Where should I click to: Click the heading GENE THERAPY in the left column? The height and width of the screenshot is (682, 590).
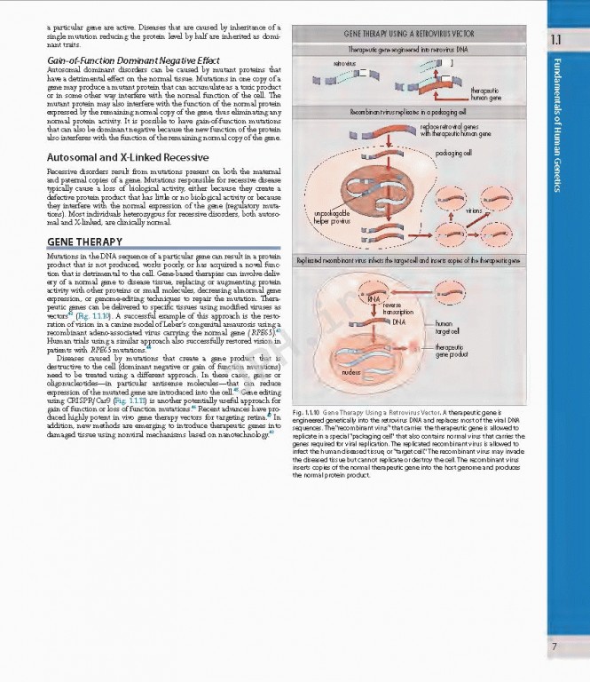pos(78,242)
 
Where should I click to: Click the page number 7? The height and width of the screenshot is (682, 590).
pos(554,646)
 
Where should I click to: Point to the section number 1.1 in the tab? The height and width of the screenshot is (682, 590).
pos(555,40)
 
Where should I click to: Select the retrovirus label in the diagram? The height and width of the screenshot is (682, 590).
pos(344,64)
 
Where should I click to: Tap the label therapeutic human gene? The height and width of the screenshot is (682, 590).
pos(485,94)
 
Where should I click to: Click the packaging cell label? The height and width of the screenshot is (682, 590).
pos(454,153)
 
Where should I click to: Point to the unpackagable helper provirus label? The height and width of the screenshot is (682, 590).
pos(332,217)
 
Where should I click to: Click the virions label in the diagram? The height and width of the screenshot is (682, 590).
pos(474,211)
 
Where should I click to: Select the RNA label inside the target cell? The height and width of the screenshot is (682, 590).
pos(373,299)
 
